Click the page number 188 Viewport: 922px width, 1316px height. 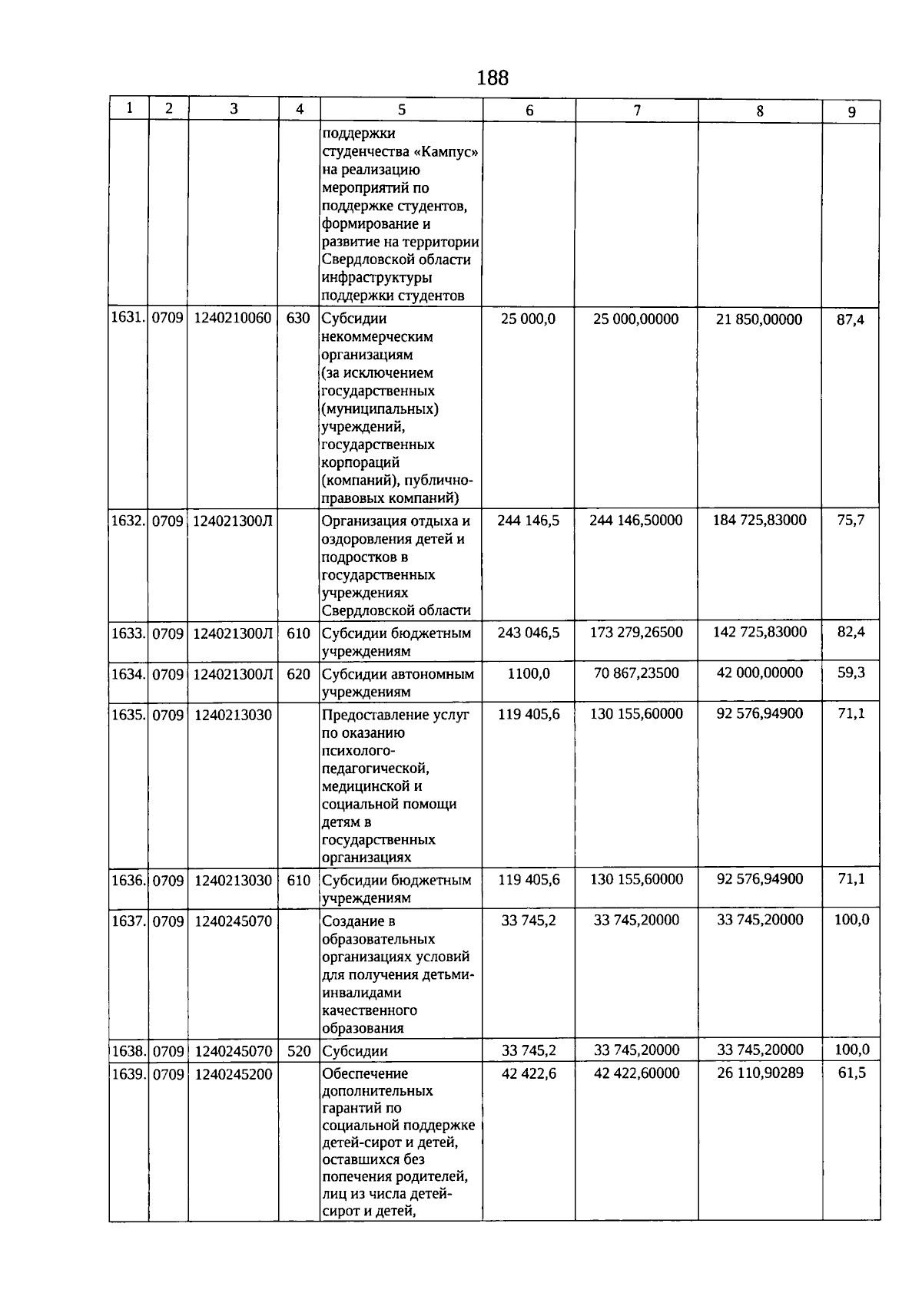(493, 78)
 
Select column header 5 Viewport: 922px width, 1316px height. (401, 110)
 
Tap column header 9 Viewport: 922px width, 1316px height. (851, 112)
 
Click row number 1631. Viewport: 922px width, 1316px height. (128, 318)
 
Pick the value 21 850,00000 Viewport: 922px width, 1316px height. (759, 319)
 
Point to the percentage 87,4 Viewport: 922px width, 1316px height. (851, 319)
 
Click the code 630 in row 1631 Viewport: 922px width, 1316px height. (298, 318)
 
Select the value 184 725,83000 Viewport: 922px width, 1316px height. (760, 521)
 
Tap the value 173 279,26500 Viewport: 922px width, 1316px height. (636, 633)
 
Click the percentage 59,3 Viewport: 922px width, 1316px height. (851, 673)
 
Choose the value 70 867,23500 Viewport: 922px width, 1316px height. (636, 673)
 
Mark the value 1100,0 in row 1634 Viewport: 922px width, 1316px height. (529, 673)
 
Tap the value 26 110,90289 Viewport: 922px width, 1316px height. (760, 1073)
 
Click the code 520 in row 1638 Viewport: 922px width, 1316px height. (298, 1051)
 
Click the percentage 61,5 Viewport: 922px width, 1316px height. (851, 1073)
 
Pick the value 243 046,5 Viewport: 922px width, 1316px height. (529, 633)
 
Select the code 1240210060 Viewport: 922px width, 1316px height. (233, 318)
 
